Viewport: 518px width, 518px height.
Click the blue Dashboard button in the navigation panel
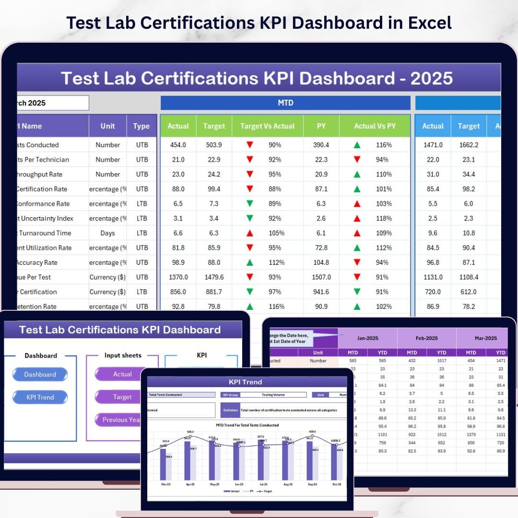(x=40, y=375)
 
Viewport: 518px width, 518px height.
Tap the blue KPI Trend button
(x=40, y=397)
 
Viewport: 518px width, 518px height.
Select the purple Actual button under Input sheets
(x=122, y=374)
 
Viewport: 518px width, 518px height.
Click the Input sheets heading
(x=123, y=355)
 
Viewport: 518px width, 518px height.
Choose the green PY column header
(x=321, y=126)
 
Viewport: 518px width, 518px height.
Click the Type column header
(x=141, y=126)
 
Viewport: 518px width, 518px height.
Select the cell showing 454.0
(x=178, y=145)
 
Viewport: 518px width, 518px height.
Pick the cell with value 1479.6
(x=214, y=277)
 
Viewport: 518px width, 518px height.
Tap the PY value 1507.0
(x=321, y=277)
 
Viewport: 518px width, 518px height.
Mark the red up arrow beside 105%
(x=249, y=233)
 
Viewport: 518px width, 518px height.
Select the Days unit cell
(x=108, y=233)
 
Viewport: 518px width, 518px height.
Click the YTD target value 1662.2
(x=469, y=145)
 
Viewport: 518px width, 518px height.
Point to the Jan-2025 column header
(x=368, y=338)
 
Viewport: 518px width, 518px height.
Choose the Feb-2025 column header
(x=427, y=338)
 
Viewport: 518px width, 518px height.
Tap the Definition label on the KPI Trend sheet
(x=230, y=410)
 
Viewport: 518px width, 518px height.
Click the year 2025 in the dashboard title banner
(x=431, y=78)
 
